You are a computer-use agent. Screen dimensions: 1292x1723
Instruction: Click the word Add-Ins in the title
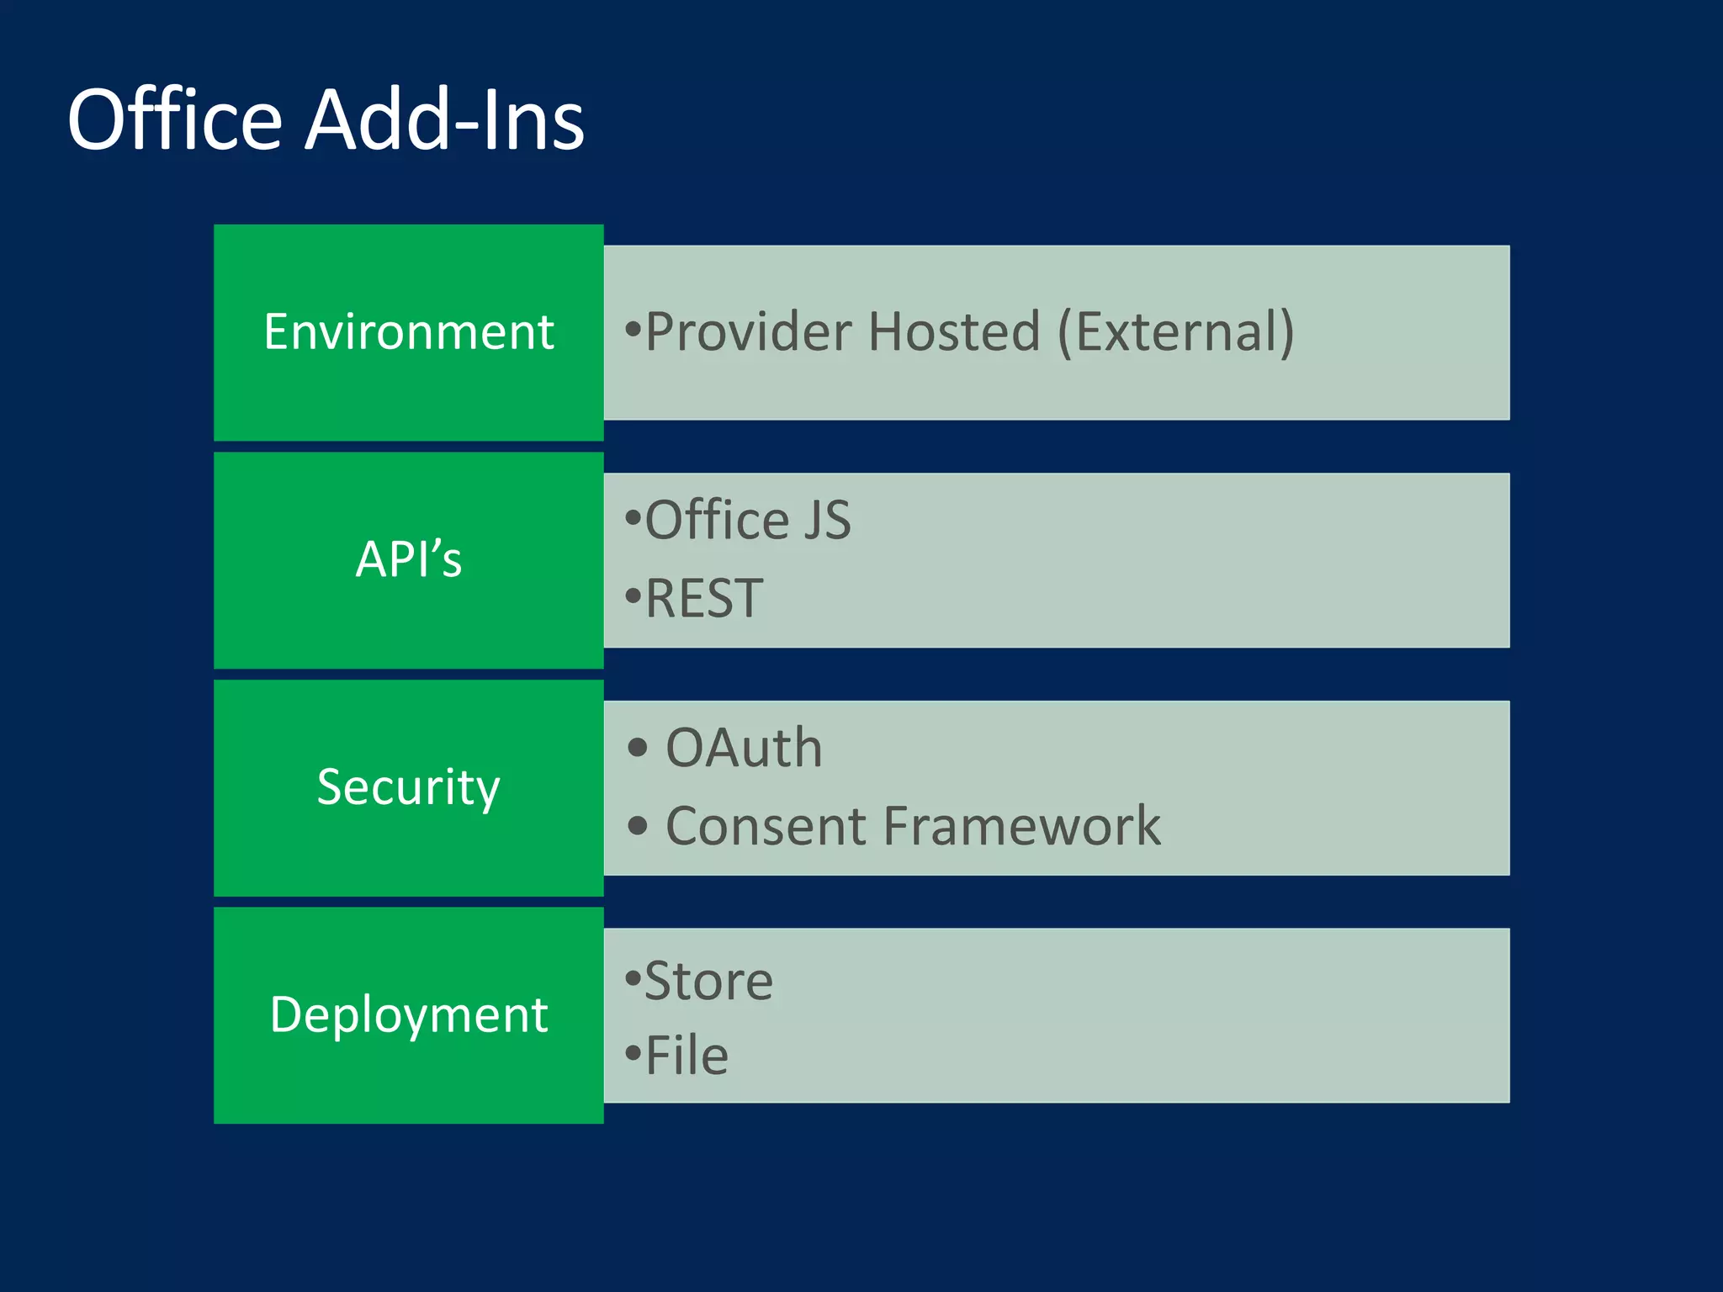pyautogui.click(x=444, y=120)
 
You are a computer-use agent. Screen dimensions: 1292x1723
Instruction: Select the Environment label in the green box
pyautogui.click(x=408, y=331)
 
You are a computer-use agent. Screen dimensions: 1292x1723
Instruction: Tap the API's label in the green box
pyautogui.click(x=408, y=559)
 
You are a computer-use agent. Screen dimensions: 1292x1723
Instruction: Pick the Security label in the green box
pyautogui.click(x=408, y=786)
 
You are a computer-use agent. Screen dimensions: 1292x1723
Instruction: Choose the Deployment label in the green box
pyautogui.click(x=408, y=1014)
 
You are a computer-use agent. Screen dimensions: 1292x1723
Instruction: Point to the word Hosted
pyautogui.click(x=954, y=331)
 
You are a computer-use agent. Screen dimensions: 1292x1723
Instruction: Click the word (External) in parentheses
pyautogui.click(x=1175, y=331)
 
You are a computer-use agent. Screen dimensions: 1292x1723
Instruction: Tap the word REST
pyautogui.click(x=704, y=598)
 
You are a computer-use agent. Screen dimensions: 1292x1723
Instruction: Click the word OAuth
pyautogui.click(x=744, y=748)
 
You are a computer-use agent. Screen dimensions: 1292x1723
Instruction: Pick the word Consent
pyautogui.click(x=766, y=826)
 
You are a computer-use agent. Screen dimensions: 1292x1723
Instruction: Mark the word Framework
pyautogui.click(x=1021, y=826)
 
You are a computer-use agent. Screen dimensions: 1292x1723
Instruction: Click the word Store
pyautogui.click(x=708, y=981)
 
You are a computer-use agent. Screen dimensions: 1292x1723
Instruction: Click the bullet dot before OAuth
pyautogui.click(x=638, y=748)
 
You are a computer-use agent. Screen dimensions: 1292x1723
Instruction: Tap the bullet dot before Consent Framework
pyautogui.click(x=638, y=826)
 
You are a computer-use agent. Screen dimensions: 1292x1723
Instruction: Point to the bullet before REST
pyautogui.click(x=633, y=597)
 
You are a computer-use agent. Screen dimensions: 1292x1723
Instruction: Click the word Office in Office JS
pyautogui.click(x=717, y=520)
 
